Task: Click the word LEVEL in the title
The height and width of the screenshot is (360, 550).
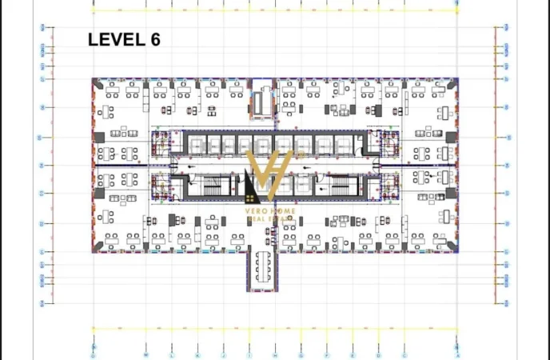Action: click(114, 40)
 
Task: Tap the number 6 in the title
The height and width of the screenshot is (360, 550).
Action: click(154, 40)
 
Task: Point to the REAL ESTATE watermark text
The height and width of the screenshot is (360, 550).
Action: click(271, 218)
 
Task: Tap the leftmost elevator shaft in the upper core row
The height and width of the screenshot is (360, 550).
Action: click(194, 144)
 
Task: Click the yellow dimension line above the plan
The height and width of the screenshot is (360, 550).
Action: click(275, 11)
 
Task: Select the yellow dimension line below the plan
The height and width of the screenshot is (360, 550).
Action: click(275, 328)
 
